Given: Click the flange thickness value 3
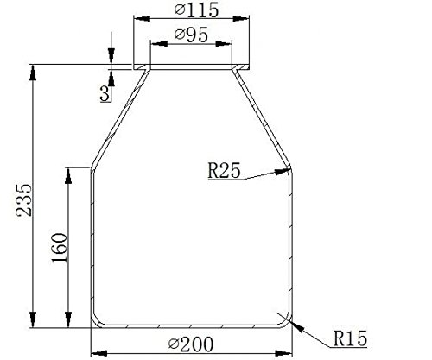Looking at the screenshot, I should [x=105, y=94].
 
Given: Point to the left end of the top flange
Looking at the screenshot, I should [x=134, y=66].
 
